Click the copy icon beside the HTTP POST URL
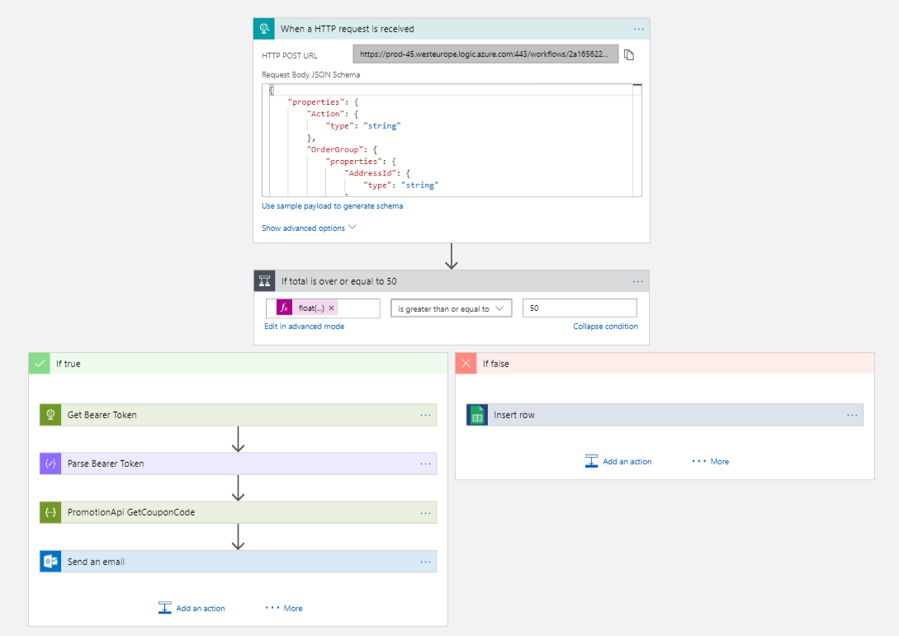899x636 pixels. pos(629,55)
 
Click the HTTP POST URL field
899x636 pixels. pos(485,54)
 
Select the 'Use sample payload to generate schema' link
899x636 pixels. pos(333,206)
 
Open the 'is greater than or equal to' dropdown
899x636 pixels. pos(451,309)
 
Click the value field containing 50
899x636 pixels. pos(580,309)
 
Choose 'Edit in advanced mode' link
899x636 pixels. pos(304,327)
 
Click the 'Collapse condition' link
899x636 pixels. pos(605,327)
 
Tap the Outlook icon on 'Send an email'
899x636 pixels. pos(51,562)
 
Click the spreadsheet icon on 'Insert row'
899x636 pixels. pos(477,415)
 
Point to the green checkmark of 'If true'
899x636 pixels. pos(39,363)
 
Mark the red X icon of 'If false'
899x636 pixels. pos(466,363)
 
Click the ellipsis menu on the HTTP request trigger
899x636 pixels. pos(638,29)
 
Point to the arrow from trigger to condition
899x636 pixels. pos(451,256)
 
